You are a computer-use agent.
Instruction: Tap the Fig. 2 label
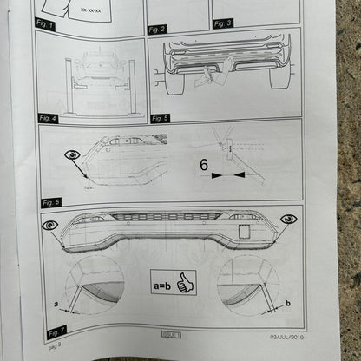pyautogui.click(x=158, y=29)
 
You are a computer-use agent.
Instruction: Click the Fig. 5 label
pyautogui.click(x=160, y=117)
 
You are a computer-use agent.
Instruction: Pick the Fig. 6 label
pyautogui.click(x=51, y=201)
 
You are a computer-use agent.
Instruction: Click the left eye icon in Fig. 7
pyautogui.click(x=51, y=224)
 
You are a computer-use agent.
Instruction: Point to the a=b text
pyautogui.click(x=165, y=284)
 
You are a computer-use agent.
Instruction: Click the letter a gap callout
pyautogui.click(x=56, y=303)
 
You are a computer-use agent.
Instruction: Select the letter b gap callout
pyautogui.click(x=286, y=305)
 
